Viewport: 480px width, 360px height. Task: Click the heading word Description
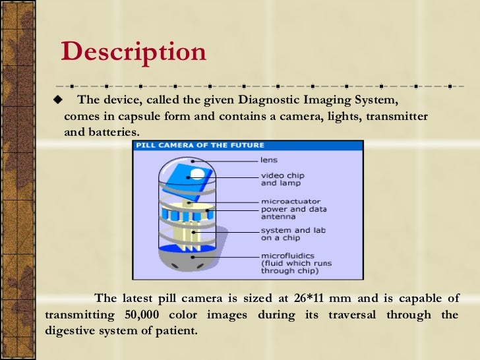pyautogui.click(x=133, y=53)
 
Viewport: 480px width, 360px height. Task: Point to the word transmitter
pyautogui.click(x=396, y=116)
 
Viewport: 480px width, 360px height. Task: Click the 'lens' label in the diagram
pyautogui.click(x=268, y=160)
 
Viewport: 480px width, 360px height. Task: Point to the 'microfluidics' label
pyautogui.click(x=287, y=255)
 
